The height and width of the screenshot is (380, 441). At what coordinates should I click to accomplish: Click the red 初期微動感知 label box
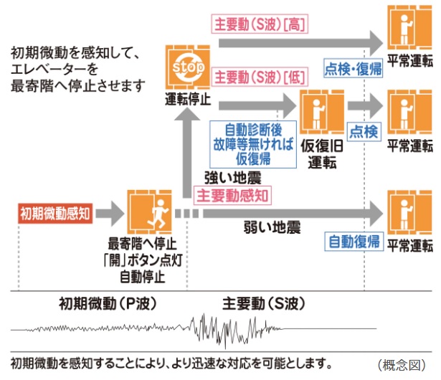(54, 212)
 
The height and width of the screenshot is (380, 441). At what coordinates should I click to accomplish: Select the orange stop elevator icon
(185, 66)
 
